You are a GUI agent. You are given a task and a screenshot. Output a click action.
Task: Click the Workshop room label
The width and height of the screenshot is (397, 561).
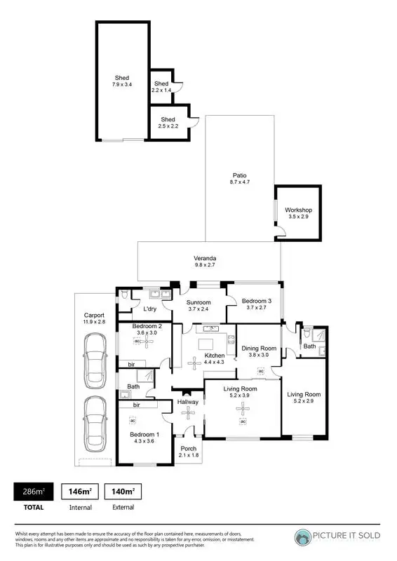pyautogui.click(x=298, y=210)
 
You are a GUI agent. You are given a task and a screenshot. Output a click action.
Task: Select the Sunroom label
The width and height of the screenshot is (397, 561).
pyautogui.click(x=198, y=302)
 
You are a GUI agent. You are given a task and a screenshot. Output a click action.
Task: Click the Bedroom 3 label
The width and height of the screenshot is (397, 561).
pyautogui.click(x=255, y=301)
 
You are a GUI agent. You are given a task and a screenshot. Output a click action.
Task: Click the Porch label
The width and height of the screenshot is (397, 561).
pyautogui.click(x=189, y=448)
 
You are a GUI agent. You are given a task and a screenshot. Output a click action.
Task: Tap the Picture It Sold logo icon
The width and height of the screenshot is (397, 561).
pyautogui.click(x=304, y=536)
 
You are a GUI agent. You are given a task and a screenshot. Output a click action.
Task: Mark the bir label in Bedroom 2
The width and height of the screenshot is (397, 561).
pyautogui.click(x=131, y=364)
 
